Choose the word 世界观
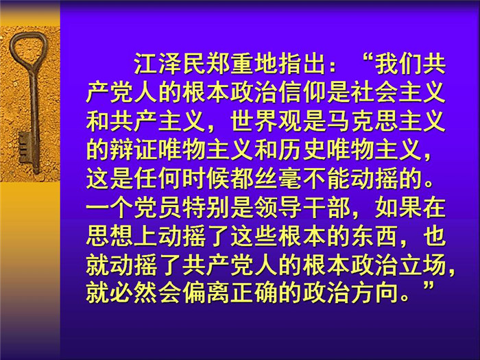pos(266,121)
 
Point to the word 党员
pos(158,208)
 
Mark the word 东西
pos(374,237)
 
